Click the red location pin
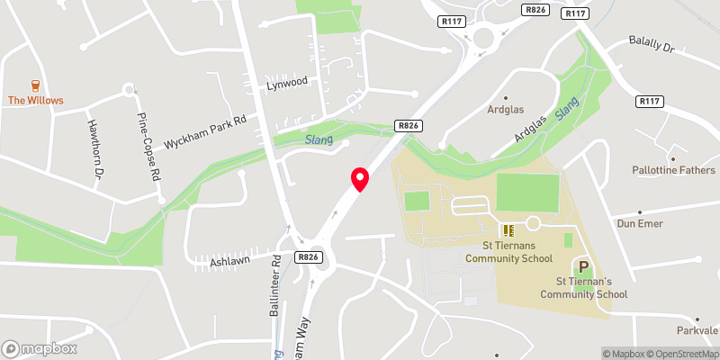pos(360,178)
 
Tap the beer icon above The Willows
pos(36,85)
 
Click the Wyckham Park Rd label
pos(205,132)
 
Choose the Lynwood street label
pos(287,82)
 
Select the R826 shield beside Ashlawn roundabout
pos(309,257)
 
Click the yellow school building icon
pos(508,231)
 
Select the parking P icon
pos(583,267)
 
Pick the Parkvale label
pos(698,330)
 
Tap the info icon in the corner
pos(595,354)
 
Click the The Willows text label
pos(36,101)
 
